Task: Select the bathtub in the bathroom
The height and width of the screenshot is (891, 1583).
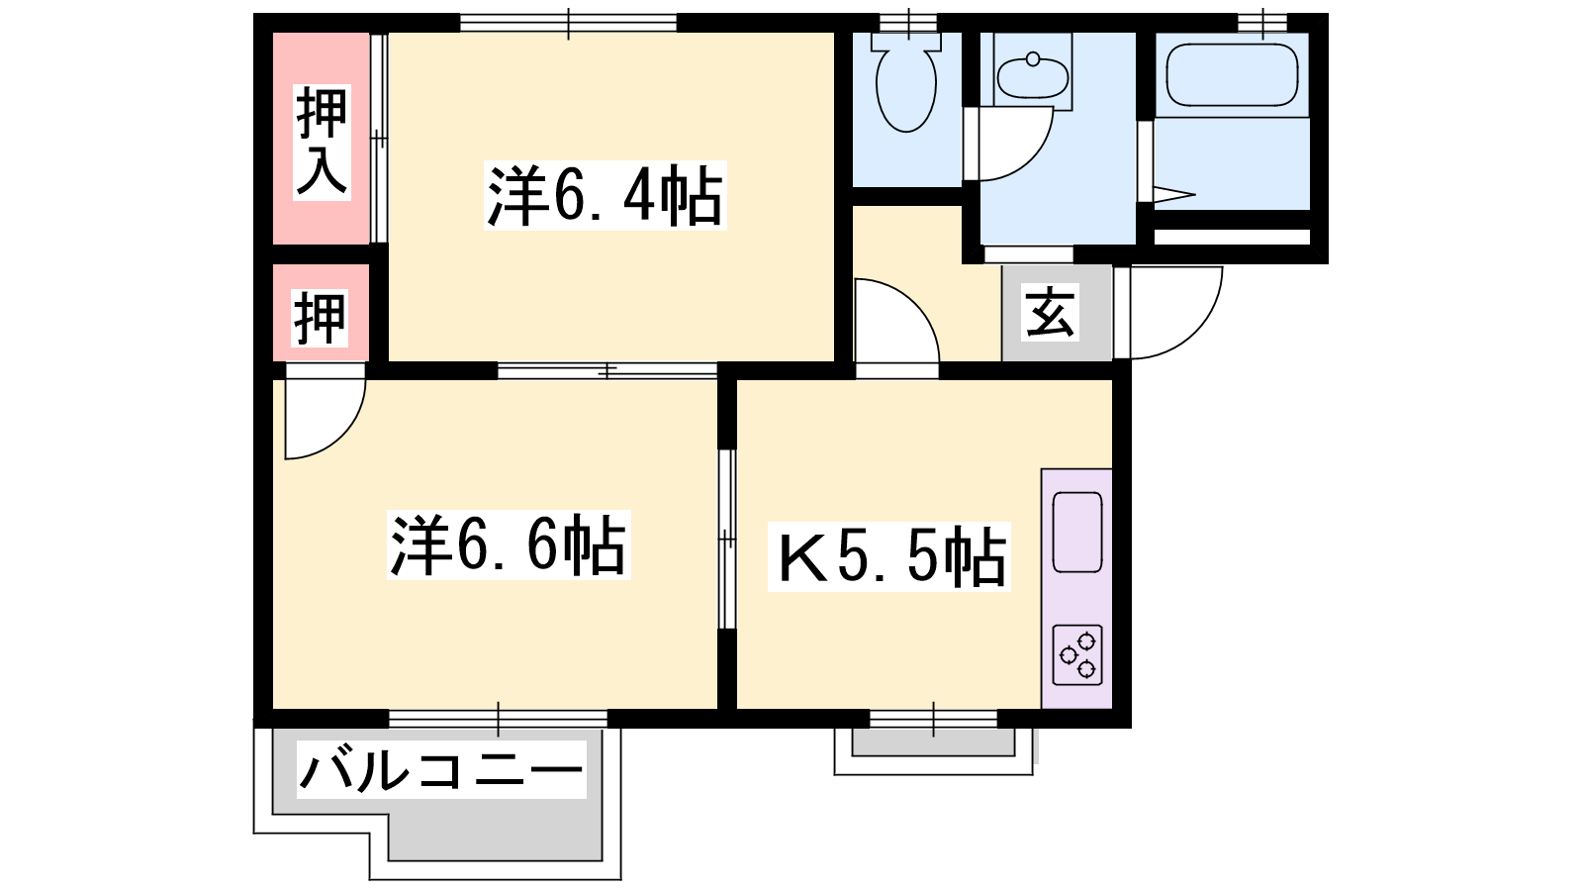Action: (1232, 75)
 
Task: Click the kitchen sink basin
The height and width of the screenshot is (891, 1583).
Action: (1077, 532)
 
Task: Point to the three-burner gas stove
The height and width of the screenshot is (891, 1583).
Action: (1077, 654)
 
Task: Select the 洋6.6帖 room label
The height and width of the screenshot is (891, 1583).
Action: (509, 545)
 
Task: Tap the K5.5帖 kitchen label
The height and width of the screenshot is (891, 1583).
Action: (889, 557)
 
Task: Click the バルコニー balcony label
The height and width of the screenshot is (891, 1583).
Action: (441, 769)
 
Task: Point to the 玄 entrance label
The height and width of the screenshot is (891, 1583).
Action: (1050, 312)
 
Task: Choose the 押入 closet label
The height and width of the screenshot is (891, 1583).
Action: (323, 142)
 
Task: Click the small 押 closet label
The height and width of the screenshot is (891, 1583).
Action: (321, 318)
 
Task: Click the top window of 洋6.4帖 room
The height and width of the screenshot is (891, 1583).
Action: (569, 24)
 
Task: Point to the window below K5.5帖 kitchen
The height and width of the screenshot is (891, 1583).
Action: (933, 719)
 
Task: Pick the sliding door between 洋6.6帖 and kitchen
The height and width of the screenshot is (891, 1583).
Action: (727, 539)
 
